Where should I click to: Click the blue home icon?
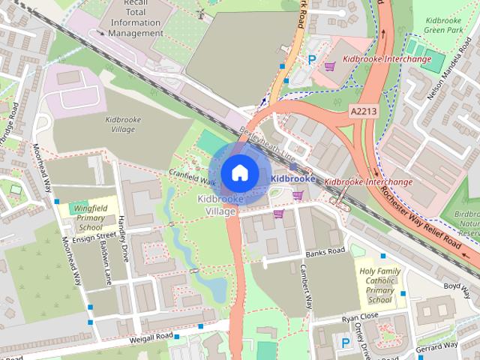(238, 173)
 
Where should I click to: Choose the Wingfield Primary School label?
(90, 217)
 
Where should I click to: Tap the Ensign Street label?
(96, 235)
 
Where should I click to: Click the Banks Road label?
(325, 251)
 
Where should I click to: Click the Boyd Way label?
(460, 286)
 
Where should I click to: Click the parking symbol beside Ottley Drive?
(346, 343)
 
